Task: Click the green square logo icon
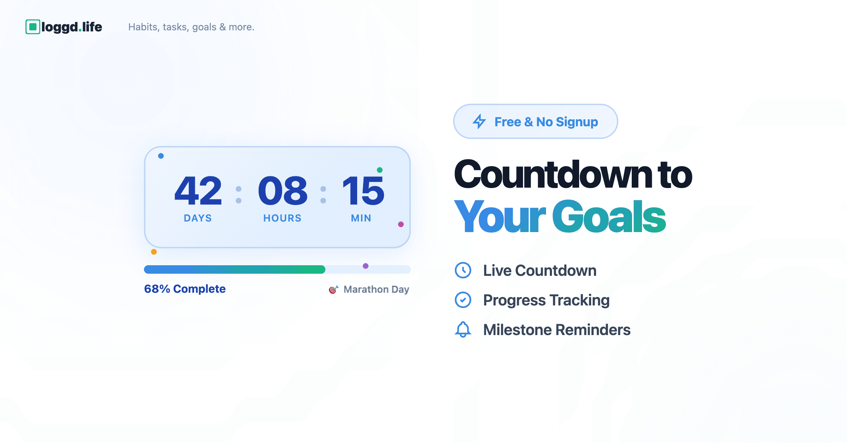pos(33,27)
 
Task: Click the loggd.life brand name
pos(72,27)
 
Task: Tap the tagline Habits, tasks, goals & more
pos(191,27)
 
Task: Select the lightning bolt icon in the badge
pos(479,121)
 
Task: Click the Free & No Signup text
pos(546,122)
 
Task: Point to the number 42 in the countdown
pos(198,190)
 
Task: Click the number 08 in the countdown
pos(283,190)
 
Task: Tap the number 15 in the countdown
pos(363,190)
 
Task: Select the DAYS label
pos(198,218)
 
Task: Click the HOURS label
pos(282,218)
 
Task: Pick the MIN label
pos(361,218)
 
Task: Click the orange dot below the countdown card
pos(154,252)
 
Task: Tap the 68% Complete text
pos(185,289)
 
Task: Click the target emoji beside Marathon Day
pos(334,290)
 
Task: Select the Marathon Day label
pos(377,290)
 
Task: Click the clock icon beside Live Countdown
pos(463,270)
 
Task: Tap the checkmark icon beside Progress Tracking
pos(463,300)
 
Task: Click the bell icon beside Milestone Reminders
pos(463,329)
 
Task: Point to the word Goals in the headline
pos(609,216)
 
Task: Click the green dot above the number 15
pos(380,170)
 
